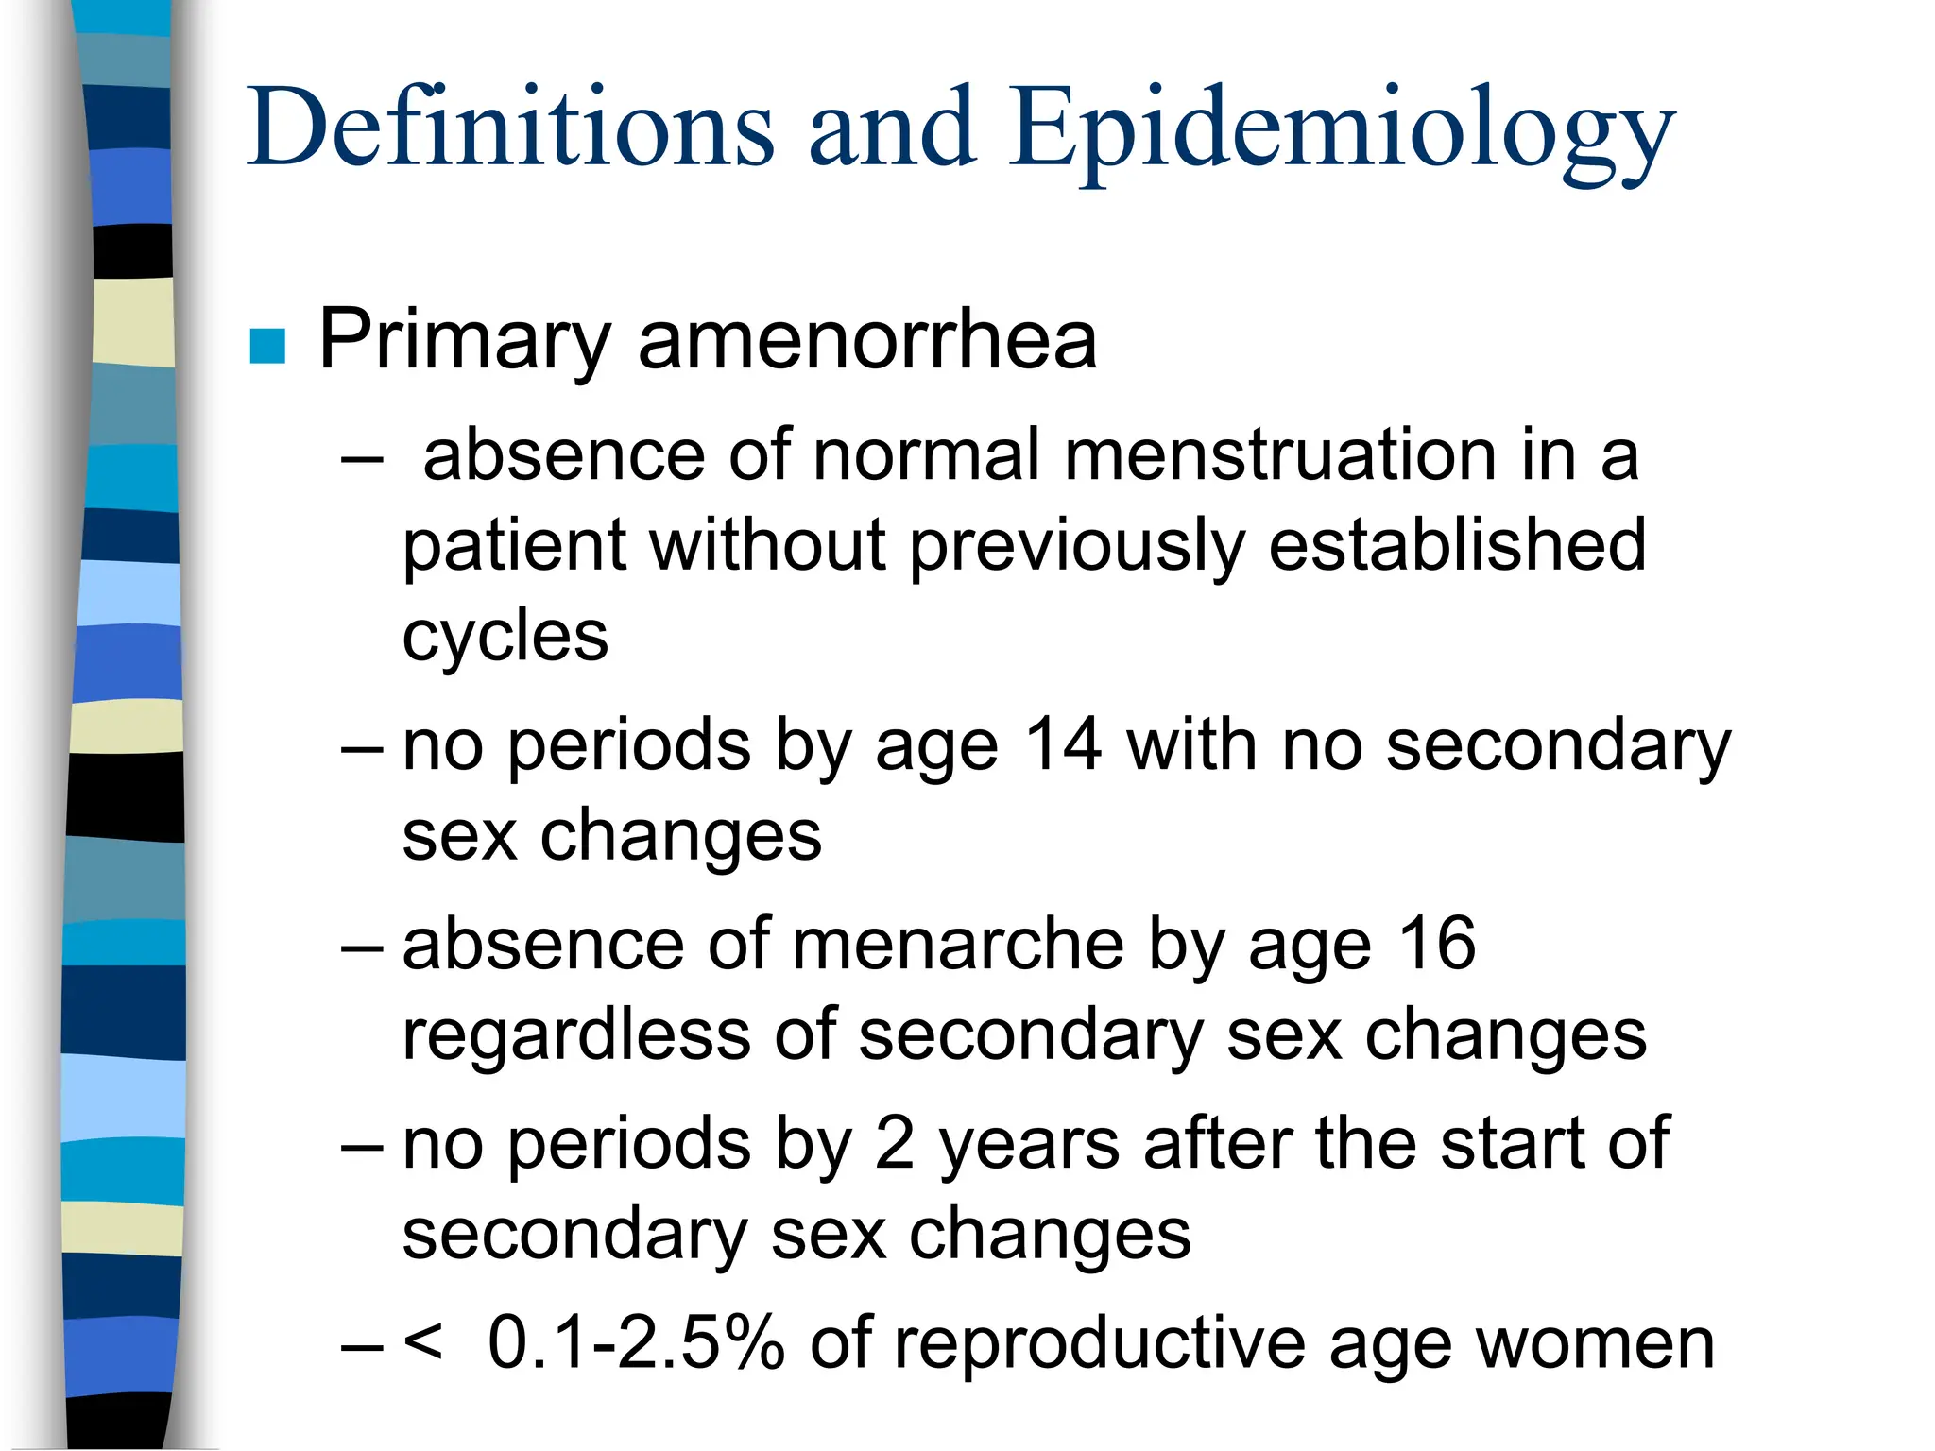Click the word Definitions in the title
pyautogui.click(x=510, y=128)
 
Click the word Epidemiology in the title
pyautogui.click(x=1342, y=132)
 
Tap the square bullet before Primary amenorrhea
pyautogui.click(x=267, y=346)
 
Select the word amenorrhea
pyautogui.click(x=867, y=340)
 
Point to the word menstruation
pyautogui.click(x=1281, y=455)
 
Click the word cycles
pyautogui.click(x=505, y=637)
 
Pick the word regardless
pyautogui.click(x=575, y=1035)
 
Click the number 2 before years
pyautogui.click(x=894, y=1144)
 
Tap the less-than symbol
pyautogui.click(x=422, y=1340)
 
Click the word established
pyautogui.click(x=1457, y=545)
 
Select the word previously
pyautogui.click(x=1077, y=547)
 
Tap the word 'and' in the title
pyautogui.click(x=892, y=128)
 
